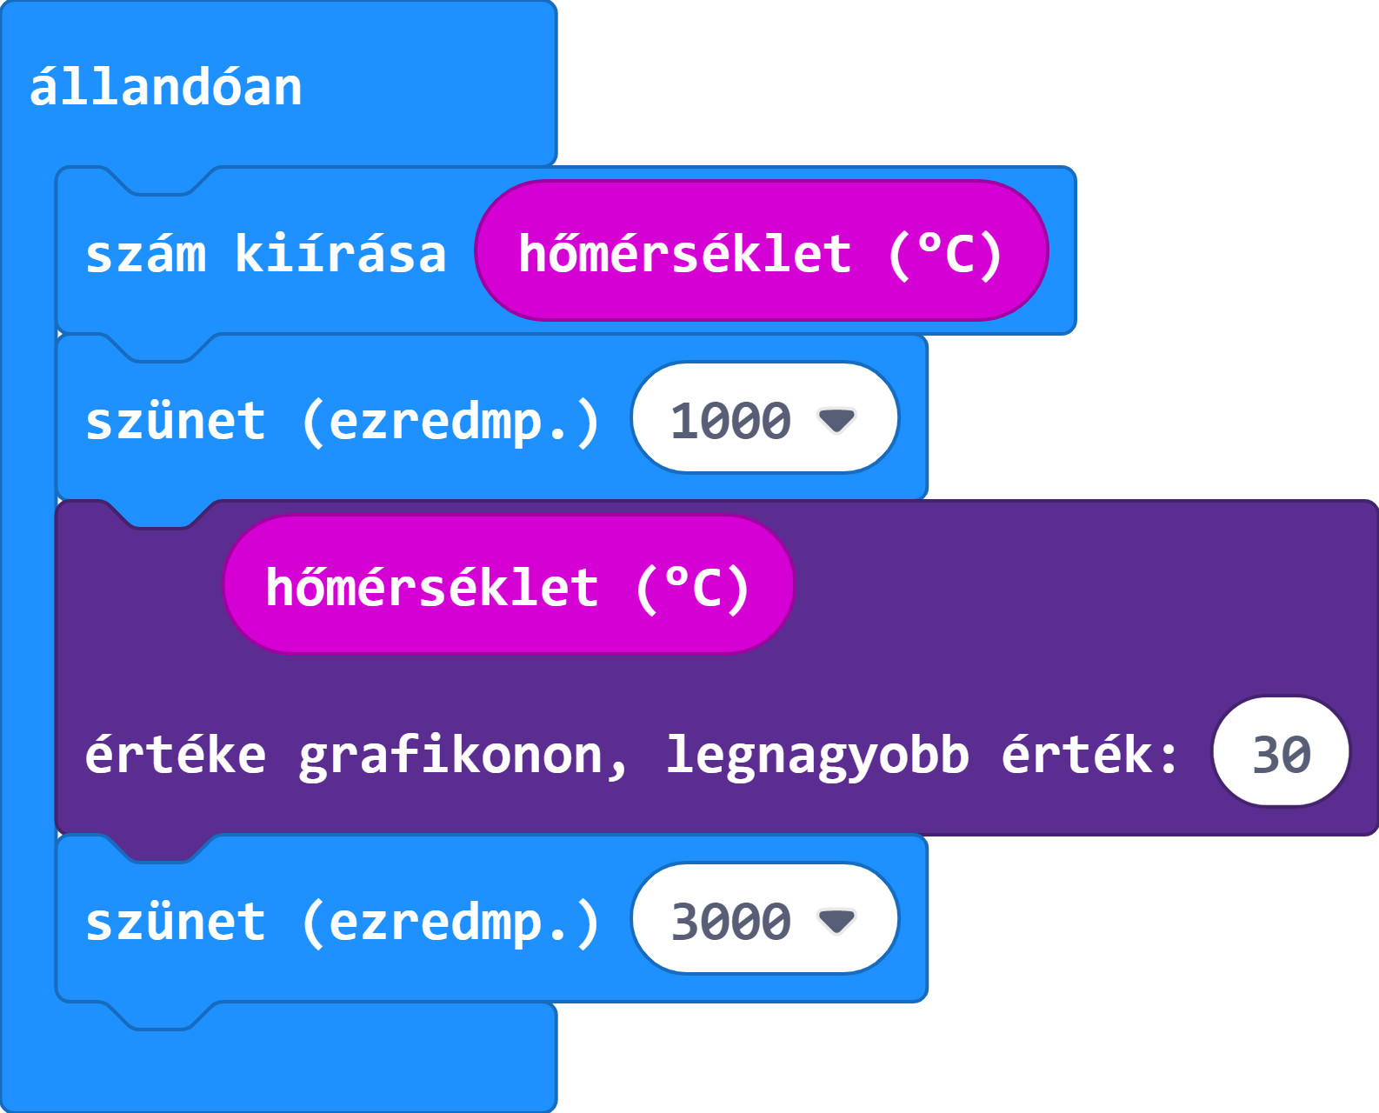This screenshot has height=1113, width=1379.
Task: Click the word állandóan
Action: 165,88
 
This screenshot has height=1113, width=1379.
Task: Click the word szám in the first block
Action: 145,254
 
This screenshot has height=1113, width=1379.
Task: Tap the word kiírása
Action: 340,254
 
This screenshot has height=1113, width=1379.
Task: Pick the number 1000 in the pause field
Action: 730,421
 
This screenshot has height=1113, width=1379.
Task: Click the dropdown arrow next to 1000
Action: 836,420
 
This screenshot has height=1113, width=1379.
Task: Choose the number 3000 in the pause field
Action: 730,922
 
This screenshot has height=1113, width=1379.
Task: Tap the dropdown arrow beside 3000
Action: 836,921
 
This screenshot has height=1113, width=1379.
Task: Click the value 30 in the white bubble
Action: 1281,754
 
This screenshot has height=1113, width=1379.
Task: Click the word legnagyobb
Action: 817,755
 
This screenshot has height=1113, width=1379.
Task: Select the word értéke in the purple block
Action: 175,755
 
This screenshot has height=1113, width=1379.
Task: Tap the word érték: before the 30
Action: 1089,755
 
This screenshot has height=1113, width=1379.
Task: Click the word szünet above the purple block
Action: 175,421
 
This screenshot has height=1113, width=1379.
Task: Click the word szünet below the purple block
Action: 175,922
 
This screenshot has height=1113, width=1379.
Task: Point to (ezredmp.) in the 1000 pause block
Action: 450,423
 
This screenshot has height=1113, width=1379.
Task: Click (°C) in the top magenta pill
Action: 945,255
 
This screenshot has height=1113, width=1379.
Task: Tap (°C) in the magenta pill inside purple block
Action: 692,589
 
